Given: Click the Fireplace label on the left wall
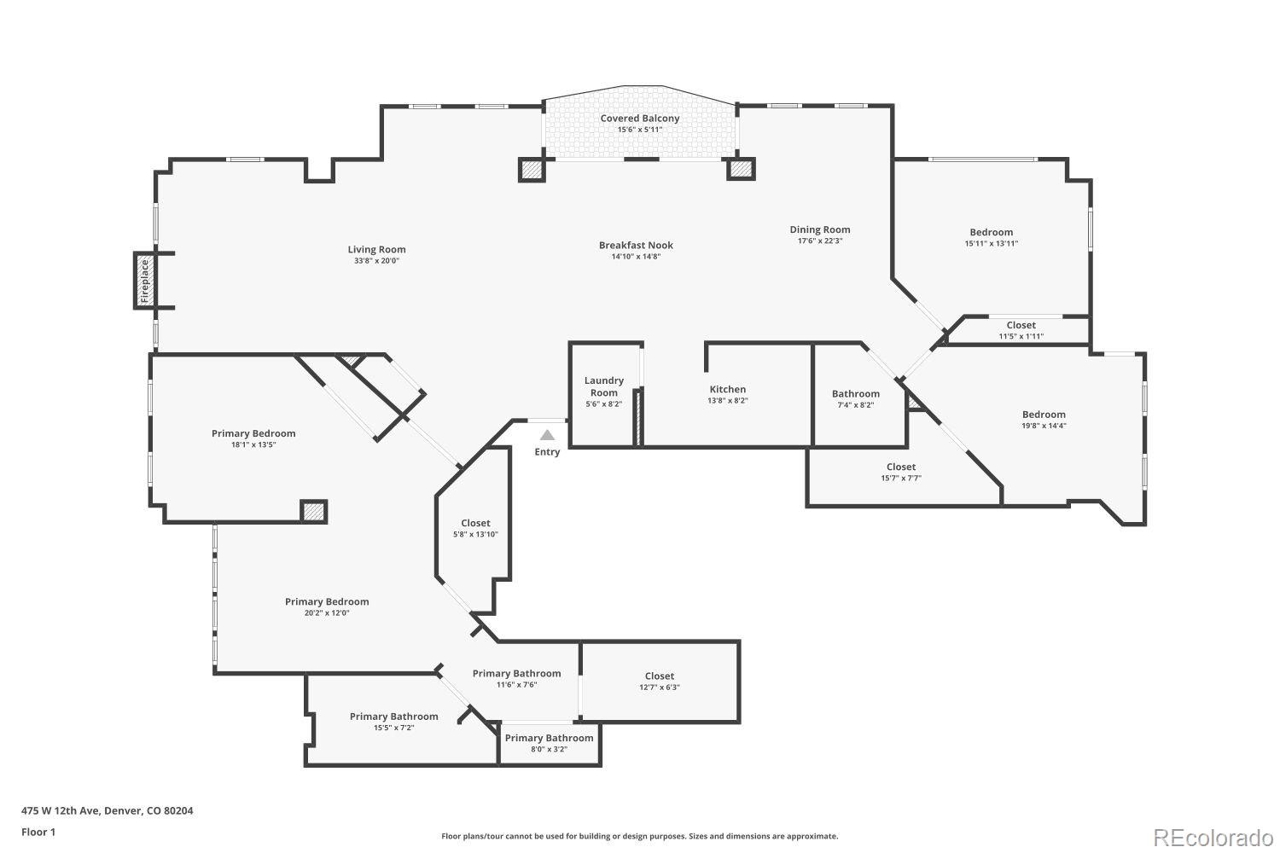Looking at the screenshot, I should (x=145, y=281).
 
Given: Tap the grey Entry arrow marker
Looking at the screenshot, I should (x=547, y=435).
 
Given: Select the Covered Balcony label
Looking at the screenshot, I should (x=640, y=119).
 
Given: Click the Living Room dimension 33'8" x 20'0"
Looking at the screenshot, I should (x=376, y=261).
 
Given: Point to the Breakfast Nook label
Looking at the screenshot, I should (x=636, y=246).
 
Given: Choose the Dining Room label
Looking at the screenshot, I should (x=819, y=229).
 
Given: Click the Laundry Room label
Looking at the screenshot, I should (x=603, y=386).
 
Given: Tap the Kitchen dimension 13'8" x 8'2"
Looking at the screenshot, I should (x=727, y=401).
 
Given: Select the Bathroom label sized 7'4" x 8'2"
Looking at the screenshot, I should (x=855, y=394).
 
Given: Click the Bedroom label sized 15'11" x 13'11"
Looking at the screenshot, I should (x=991, y=232).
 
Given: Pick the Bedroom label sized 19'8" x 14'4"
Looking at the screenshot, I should (x=1044, y=415).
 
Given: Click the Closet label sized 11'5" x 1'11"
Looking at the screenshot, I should (x=1021, y=325).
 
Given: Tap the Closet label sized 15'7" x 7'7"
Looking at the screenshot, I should (x=900, y=467).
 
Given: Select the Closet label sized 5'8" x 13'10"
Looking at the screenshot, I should (x=475, y=523).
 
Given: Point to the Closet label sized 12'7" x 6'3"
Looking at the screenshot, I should (x=659, y=676).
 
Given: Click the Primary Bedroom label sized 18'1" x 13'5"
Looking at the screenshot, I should (x=253, y=433).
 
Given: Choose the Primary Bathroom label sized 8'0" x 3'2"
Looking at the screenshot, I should (x=549, y=738).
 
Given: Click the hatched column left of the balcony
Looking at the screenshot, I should (x=532, y=170).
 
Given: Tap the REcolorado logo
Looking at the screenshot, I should (x=1212, y=838).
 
